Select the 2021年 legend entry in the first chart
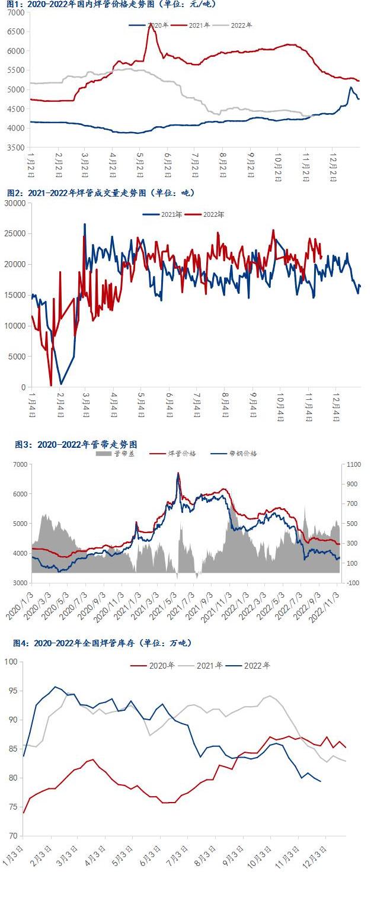[200, 25]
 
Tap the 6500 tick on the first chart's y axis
[17, 31]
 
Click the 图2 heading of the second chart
[101, 193]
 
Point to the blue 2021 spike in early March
[85, 224]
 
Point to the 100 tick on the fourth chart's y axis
[12, 662]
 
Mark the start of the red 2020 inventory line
[23, 813]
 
